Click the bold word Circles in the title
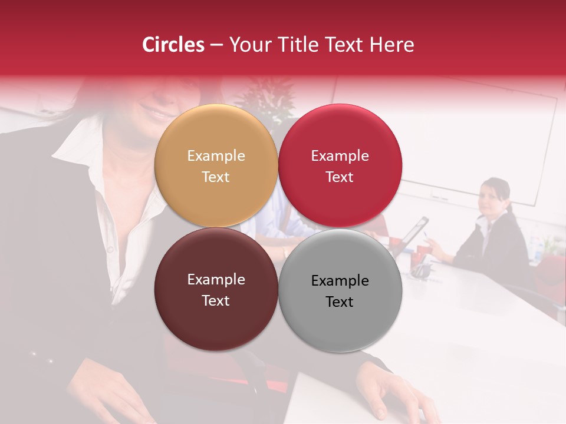point(173,45)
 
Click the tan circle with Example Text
point(216,165)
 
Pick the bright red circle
point(340,165)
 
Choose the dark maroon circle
point(216,289)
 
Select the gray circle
point(340,290)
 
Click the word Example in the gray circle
point(340,281)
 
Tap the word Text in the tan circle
point(216,177)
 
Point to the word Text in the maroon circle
point(216,300)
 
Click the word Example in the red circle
point(340,156)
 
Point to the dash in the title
point(216,45)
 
